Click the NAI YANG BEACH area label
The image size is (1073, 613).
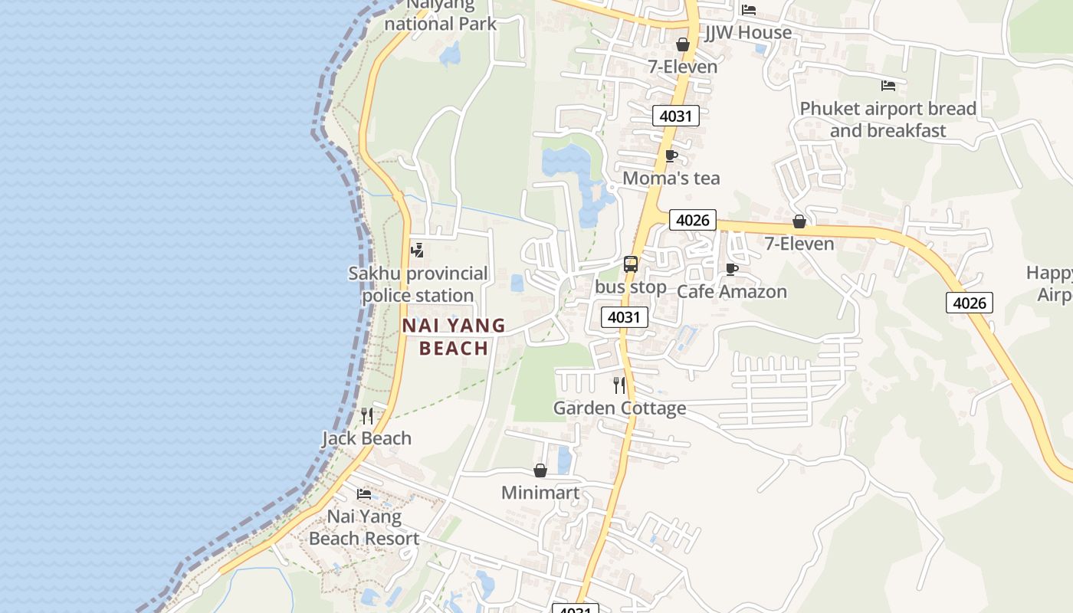click(x=454, y=336)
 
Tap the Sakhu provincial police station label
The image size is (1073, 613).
click(x=418, y=284)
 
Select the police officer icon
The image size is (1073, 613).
click(x=418, y=250)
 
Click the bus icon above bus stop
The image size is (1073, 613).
click(x=631, y=264)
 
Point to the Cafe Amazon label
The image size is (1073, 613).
click(x=731, y=292)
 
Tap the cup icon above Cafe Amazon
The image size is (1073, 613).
click(x=731, y=269)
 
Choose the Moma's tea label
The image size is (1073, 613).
click(x=671, y=179)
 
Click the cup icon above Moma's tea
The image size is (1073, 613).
click(x=671, y=156)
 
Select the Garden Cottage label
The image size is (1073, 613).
click(x=619, y=408)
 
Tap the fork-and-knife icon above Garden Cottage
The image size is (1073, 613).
click(x=619, y=385)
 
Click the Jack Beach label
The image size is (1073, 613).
click(x=366, y=438)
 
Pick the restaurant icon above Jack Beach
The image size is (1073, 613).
click(x=367, y=415)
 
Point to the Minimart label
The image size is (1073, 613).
click(x=540, y=493)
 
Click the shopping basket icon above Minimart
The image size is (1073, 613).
click(x=540, y=470)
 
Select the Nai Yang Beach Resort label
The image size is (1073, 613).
click(x=364, y=527)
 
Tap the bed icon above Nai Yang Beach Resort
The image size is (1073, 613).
click(x=364, y=494)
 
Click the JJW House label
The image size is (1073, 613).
click(x=748, y=32)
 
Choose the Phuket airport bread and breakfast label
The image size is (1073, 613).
click(x=888, y=120)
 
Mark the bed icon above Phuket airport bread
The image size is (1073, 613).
click(x=888, y=85)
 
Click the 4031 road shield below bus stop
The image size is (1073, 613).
click(x=625, y=317)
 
